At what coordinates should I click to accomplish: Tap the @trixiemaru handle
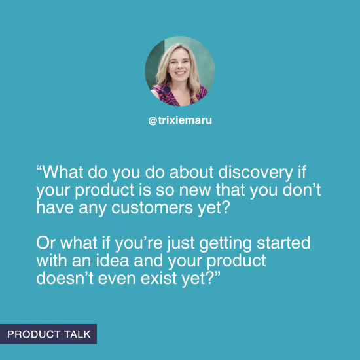pyautogui.click(x=179, y=121)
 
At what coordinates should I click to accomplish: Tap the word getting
pyautogui.click(x=232, y=244)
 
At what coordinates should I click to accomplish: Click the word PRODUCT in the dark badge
pyautogui.click(x=33, y=334)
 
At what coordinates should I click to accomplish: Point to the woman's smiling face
pyautogui.click(x=178, y=68)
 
